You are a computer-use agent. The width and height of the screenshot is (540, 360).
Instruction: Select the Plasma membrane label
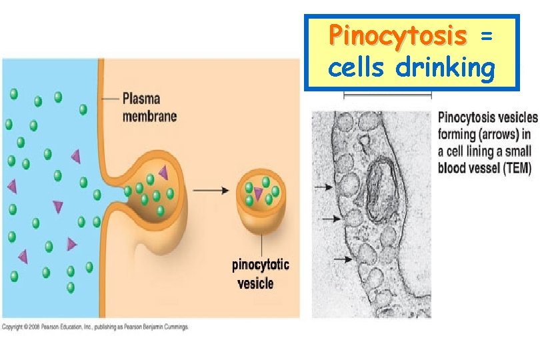(x=149, y=107)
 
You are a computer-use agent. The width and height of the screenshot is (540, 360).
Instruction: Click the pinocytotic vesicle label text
(x=260, y=274)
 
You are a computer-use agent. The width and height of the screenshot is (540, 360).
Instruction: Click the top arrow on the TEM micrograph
(x=324, y=189)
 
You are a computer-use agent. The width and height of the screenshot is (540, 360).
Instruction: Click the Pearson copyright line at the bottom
(x=95, y=327)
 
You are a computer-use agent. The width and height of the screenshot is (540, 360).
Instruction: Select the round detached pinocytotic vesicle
(x=261, y=197)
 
